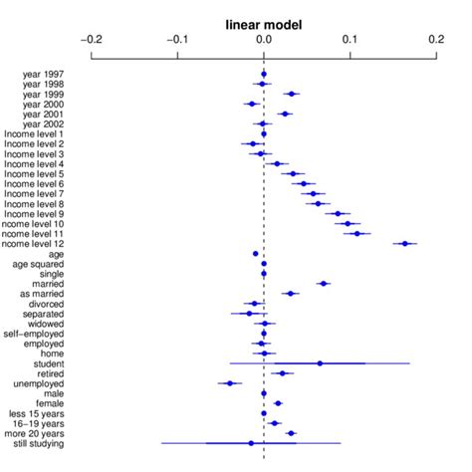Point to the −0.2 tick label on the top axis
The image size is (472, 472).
coord(91,40)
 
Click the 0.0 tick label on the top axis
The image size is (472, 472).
coord(264,40)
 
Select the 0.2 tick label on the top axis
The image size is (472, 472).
coord(436,40)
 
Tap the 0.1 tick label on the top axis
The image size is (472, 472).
coord(351,40)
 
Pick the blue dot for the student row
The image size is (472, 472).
coord(320,363)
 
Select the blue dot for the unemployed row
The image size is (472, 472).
coord(230,383)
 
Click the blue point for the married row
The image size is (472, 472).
coord(324,284)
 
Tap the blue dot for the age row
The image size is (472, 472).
coord(256,254)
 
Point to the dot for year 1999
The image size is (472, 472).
coord(291,95)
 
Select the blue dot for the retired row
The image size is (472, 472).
coord(283,373)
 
